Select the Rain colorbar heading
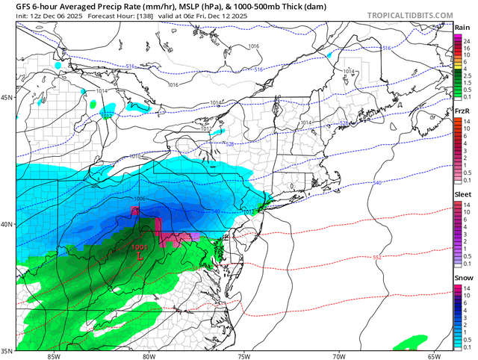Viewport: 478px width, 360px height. [462, 28]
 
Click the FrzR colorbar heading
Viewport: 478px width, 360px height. [462, 111]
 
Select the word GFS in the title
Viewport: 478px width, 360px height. [13, 6]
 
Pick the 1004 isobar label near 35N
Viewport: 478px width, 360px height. [110, 311]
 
